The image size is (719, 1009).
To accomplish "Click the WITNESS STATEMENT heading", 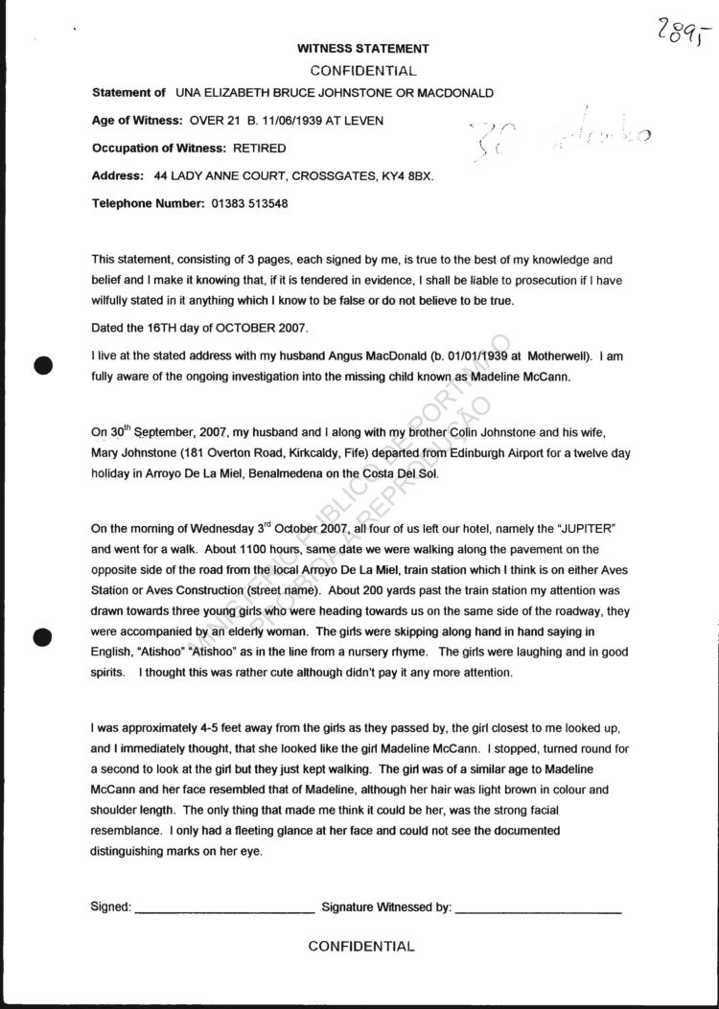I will click(362, 49).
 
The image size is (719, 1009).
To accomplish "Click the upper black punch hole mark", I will click(41, 365).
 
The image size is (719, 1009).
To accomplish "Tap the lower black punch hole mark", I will click(41, 637).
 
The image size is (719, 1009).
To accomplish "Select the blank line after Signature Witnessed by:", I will click(538, 906).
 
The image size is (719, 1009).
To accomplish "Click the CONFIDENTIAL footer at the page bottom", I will click(361, 947).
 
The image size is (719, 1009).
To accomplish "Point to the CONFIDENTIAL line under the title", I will click(363, 71).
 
